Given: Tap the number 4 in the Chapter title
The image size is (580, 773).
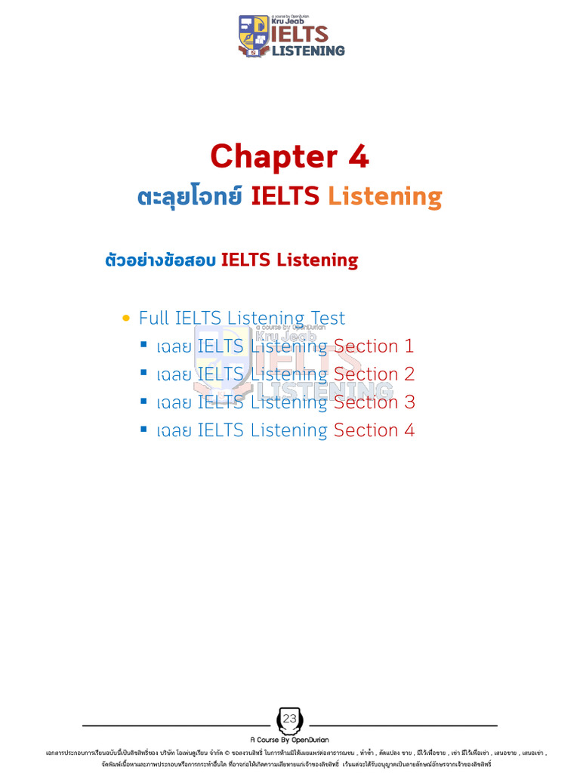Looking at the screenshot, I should pos(358,157).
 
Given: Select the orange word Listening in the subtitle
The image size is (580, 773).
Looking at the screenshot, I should pos(384,197).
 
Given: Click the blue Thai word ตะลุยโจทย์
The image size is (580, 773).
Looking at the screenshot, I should pos(190,197).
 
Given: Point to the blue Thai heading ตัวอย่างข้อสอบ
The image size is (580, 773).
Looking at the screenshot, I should pos(159,260).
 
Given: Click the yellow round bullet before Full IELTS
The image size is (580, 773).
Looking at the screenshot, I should pos(126,319).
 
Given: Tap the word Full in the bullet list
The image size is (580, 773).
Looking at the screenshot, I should pos(153,319).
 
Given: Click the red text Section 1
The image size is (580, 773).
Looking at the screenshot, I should pos(374,346).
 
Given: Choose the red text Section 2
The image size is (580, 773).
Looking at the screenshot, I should pos(374,374).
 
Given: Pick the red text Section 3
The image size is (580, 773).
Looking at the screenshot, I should pos(374,402).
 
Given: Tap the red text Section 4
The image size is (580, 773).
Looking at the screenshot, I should pos(374,430).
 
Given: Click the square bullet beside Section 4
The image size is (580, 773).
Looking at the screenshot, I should pos(143,429).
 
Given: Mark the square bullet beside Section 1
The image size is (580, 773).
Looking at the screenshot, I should pos(143,345).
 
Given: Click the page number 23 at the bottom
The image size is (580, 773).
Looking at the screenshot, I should pos(290,719).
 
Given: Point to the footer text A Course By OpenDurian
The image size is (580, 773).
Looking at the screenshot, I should pos(290,740).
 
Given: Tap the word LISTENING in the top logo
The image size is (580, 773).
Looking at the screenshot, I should pos(307,51).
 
